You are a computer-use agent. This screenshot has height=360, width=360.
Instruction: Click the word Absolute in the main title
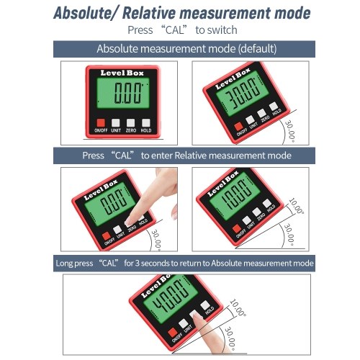(x=82, y=13)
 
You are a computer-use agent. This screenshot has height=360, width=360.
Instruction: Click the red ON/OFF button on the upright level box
(x=101, y=123)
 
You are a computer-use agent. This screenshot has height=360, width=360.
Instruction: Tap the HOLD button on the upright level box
(x=145, y=123)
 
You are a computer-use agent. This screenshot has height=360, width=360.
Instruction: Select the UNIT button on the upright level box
(x=116, y=123)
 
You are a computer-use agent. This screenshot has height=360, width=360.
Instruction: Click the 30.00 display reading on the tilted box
(x=243, y=93)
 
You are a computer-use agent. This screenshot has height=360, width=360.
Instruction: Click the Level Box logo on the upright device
(x=122, y=73)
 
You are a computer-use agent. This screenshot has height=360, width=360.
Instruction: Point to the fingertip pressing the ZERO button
(x=130, y=221)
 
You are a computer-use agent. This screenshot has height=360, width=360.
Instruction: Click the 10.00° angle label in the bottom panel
(x=238, y=307)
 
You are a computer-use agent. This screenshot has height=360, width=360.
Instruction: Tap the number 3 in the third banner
(x=137, y=264)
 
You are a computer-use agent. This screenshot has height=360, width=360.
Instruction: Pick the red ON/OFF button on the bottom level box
(x=172, y=333)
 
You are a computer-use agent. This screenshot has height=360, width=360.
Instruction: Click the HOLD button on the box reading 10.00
(x=266, y=203)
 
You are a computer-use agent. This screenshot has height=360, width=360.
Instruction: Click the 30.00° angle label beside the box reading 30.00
(x=289, y=132)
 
